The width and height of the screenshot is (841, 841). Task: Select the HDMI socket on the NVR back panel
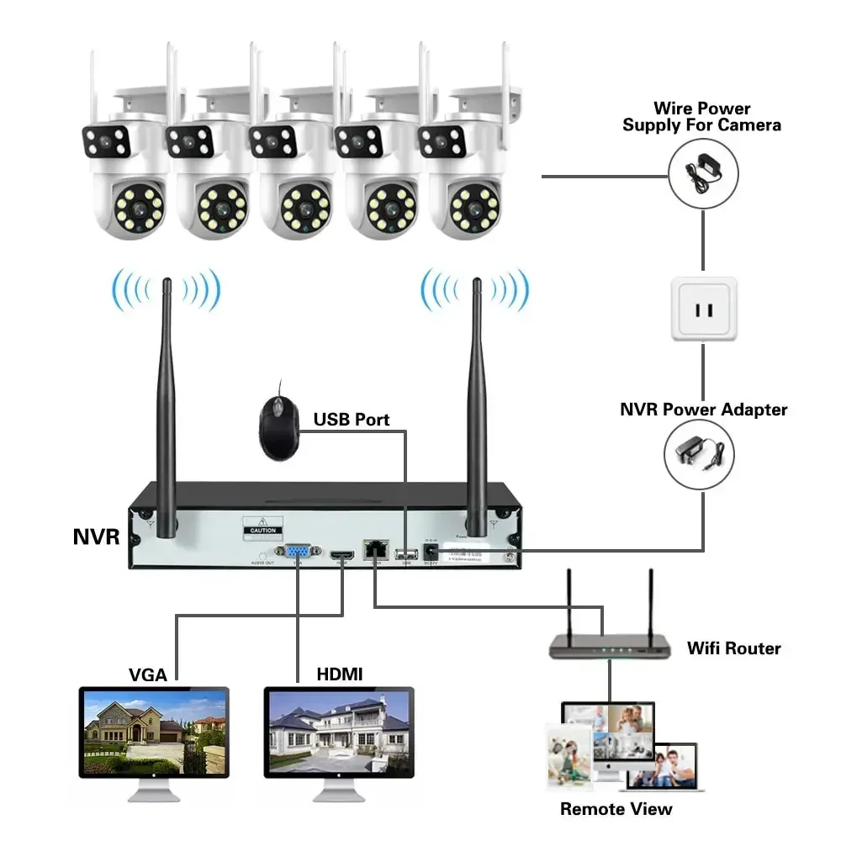[340, 555]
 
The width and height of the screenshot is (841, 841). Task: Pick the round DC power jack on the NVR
[431, 549]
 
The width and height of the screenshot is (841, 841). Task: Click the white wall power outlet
[703, 309]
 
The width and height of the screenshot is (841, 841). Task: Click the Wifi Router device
[610, 645]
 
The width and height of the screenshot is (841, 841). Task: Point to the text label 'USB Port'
[352, 419]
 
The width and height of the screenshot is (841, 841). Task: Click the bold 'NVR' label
[97, 537]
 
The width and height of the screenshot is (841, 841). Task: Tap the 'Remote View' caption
[616, 809]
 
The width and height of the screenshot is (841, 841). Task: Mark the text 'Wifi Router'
[733, 648]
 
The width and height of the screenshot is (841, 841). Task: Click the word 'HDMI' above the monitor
[339, 674]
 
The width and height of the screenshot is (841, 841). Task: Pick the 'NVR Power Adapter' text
[703, 410]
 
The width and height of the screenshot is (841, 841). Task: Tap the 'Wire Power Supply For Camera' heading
[701, 117]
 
